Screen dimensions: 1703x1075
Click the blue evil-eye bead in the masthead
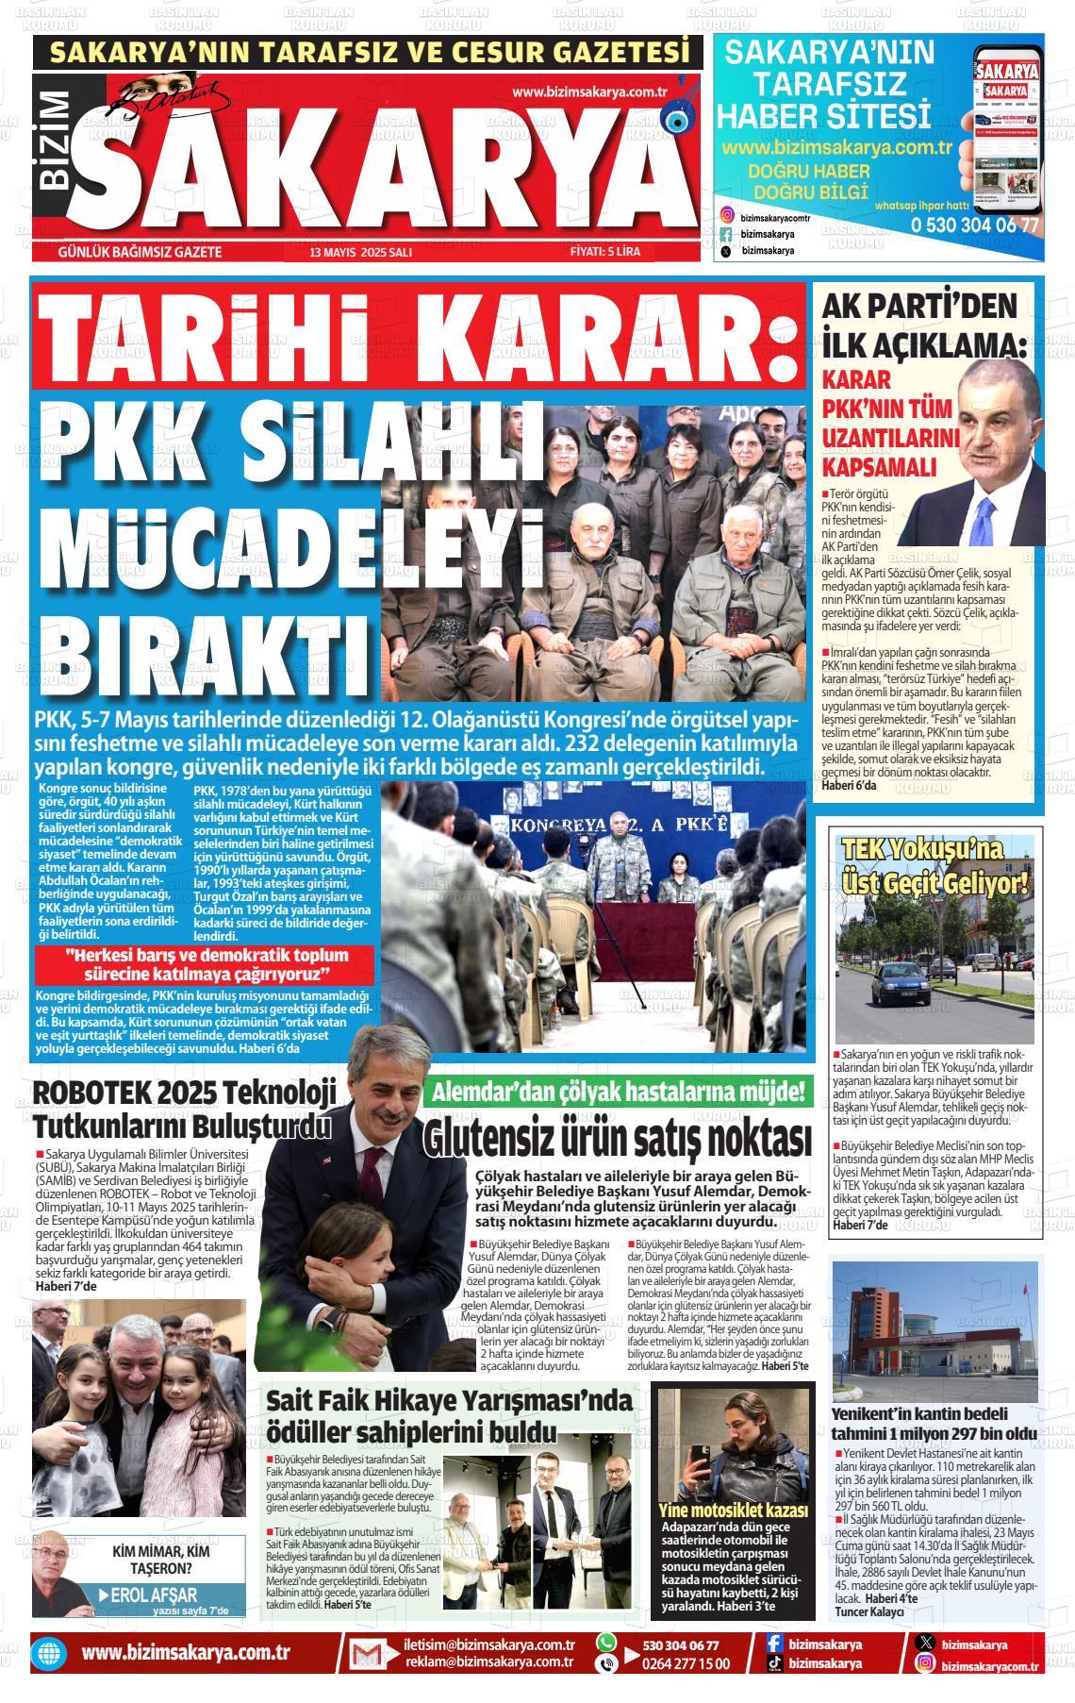(675, 120)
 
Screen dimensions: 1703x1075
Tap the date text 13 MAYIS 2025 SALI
(361, 253)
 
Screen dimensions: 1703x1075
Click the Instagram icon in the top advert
(726, 216)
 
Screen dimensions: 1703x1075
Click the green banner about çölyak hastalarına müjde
(619, 1093)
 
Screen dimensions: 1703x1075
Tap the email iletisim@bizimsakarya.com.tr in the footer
(488, 1645)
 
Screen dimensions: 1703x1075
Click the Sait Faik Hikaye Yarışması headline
(449, 1414)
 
